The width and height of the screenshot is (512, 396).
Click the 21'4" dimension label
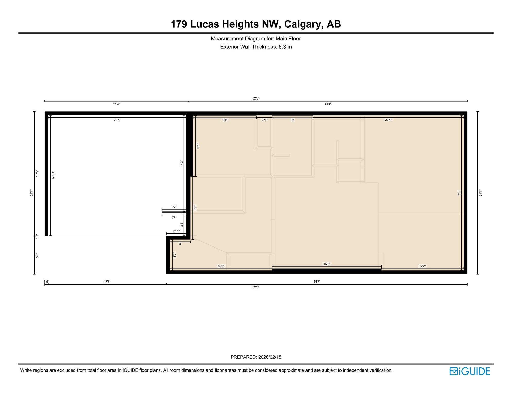tap(116, 104)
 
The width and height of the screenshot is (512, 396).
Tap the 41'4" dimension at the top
tap(328, 104)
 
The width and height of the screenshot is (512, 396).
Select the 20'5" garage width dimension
tap(117, 120)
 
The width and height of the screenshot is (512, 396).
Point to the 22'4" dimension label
tap(388, 120)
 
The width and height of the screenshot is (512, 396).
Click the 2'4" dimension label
tap(264, 120)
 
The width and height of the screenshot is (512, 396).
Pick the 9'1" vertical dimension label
tap(198, 146)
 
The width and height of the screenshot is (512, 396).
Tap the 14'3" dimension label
tap(182, 163)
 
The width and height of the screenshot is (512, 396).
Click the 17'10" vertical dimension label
tap(53, 176)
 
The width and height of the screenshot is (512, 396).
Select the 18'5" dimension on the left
tap(37, 174)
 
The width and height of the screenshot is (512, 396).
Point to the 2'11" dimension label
tap(176, 231)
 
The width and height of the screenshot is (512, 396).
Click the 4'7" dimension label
tap(175, 255)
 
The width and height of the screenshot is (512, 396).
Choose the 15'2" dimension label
tap(221, 266)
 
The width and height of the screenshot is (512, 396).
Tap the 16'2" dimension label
tap(327, 264)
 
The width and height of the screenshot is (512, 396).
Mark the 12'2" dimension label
tap(422, 266)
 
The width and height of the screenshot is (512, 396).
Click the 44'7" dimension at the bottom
tap(317, 282)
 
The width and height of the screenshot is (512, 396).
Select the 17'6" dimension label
tap(107, 282)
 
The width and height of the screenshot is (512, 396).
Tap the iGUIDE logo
tap(470, 371)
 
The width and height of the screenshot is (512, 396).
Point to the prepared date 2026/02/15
tap(270, 357)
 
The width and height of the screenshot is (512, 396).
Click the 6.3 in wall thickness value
tap(285, 47)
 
